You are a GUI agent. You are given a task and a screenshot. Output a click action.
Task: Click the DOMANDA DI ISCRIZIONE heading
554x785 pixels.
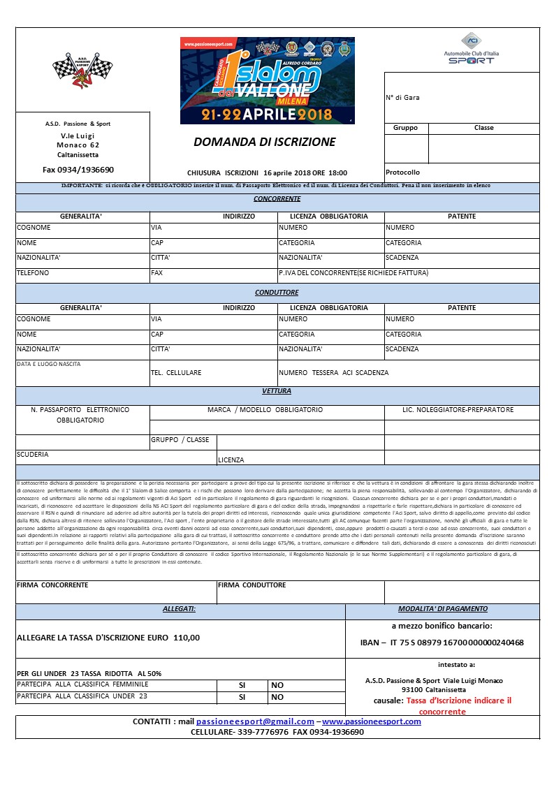click(x=264, y=142)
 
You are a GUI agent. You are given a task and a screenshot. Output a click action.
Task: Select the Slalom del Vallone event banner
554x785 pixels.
click(x=267, y=80)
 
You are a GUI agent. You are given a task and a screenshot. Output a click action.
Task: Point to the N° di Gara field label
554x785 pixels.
click(x=403, y=98)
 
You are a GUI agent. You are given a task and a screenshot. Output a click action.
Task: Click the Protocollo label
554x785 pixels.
click(x=403, y=173)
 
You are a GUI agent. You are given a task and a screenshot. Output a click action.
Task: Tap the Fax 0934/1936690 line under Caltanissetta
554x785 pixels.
click(x=78, y=170)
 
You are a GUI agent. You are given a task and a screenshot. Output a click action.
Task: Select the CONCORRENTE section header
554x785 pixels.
click(x=277, y=199)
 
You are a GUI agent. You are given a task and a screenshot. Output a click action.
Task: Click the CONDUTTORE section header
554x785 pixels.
click(x=277, y=293)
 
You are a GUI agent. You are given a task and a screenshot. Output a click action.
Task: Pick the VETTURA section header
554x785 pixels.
click(x=277, y=391)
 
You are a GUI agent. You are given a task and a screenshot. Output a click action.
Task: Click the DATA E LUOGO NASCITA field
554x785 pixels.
click(x=49, y=364)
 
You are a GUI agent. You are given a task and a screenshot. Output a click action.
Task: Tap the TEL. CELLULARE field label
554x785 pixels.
click(x=176, y=373)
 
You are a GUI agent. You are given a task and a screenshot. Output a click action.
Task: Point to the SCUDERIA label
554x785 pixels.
click(x=33, y=455)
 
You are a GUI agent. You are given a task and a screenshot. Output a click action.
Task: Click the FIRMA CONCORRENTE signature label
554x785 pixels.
click(x=52, y=585)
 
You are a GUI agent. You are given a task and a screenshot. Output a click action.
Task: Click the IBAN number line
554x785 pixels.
click(x=441, y=643)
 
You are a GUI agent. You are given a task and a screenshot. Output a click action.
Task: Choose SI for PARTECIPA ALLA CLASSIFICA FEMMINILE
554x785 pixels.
click(x=242, y=685)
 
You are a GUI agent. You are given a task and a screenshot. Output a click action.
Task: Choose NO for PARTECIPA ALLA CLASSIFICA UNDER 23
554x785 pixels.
click(x=277, y=697)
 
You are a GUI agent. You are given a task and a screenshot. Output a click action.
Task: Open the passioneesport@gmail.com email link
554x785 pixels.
click(x=255, y=721)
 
